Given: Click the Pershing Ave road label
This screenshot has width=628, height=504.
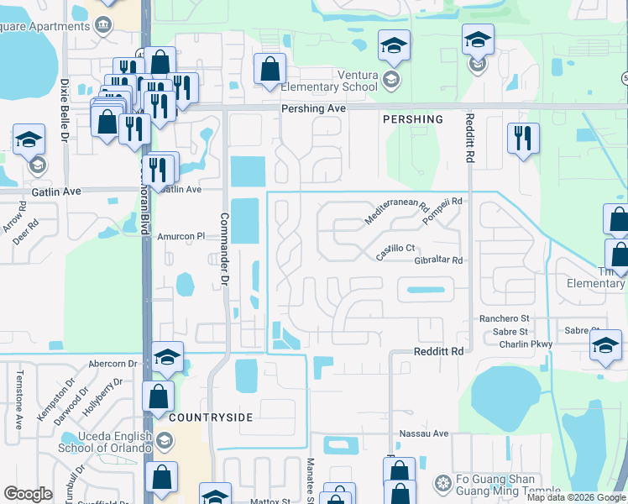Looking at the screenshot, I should (x=313, y=108).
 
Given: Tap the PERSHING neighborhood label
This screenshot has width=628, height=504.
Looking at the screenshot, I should (x=412, y=120).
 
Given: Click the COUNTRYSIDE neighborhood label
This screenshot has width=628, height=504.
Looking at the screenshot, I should (x=211, y=417).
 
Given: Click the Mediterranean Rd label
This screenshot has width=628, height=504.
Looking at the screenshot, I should (x=397, y=212).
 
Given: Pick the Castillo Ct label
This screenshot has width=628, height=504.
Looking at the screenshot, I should (x=395, y=249).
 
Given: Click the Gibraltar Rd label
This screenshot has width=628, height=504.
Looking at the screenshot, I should (x=438, y=261).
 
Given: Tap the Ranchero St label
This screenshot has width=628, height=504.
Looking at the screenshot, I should (x=504, y=318).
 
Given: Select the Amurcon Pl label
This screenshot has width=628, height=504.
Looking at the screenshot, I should (x=181, y=237).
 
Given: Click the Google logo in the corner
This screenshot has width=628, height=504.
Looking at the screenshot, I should (x=29, y=494).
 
